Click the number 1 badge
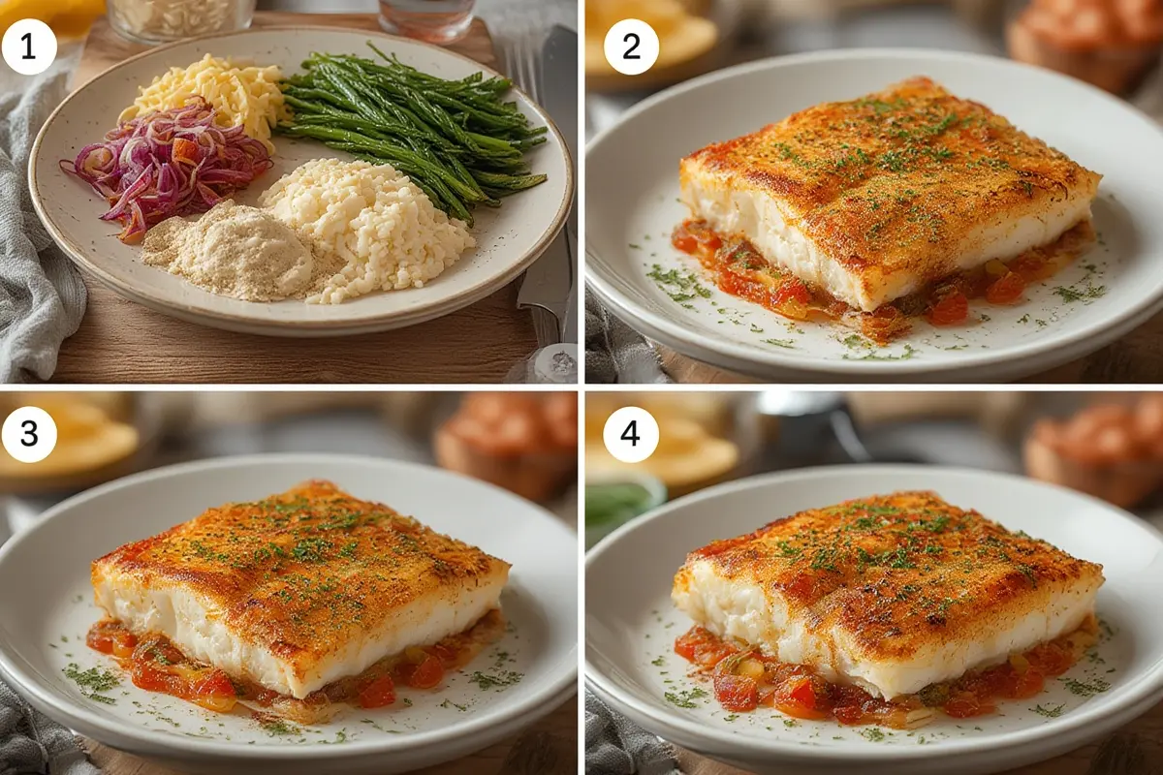click(x=28, y=47)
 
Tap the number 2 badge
click(x=631, y=47)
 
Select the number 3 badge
click(x=28, y=434)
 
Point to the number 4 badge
click(x=631, y=434)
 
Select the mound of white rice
click(x=368, y=229)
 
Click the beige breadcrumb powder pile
click(x=229, y=255)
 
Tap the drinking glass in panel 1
click(x=426, y=18)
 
